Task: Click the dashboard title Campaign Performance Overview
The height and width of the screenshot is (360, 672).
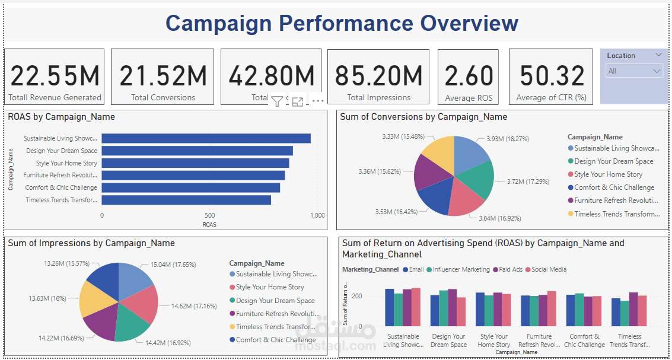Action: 342,23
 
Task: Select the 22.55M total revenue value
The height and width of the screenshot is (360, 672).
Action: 55,76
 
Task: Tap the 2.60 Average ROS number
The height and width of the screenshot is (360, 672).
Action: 469,76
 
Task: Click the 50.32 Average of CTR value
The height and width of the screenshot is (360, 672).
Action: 552,76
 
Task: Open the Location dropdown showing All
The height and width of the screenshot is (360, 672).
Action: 634,71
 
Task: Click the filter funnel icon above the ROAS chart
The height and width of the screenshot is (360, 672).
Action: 276,101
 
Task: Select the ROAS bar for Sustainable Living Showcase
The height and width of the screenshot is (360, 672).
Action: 206,138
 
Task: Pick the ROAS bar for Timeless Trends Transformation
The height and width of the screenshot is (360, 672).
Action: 186,200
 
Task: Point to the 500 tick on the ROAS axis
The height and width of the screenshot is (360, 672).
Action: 209,215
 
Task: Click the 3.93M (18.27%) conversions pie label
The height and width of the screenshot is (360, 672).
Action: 508,139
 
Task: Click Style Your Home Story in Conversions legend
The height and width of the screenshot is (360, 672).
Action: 608,174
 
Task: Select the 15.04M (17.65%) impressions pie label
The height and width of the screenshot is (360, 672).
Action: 173,265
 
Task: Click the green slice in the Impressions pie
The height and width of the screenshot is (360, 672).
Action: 133,328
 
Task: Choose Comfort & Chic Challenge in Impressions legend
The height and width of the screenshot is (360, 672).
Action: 275,340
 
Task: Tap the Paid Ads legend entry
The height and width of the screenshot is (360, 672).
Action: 510,269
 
